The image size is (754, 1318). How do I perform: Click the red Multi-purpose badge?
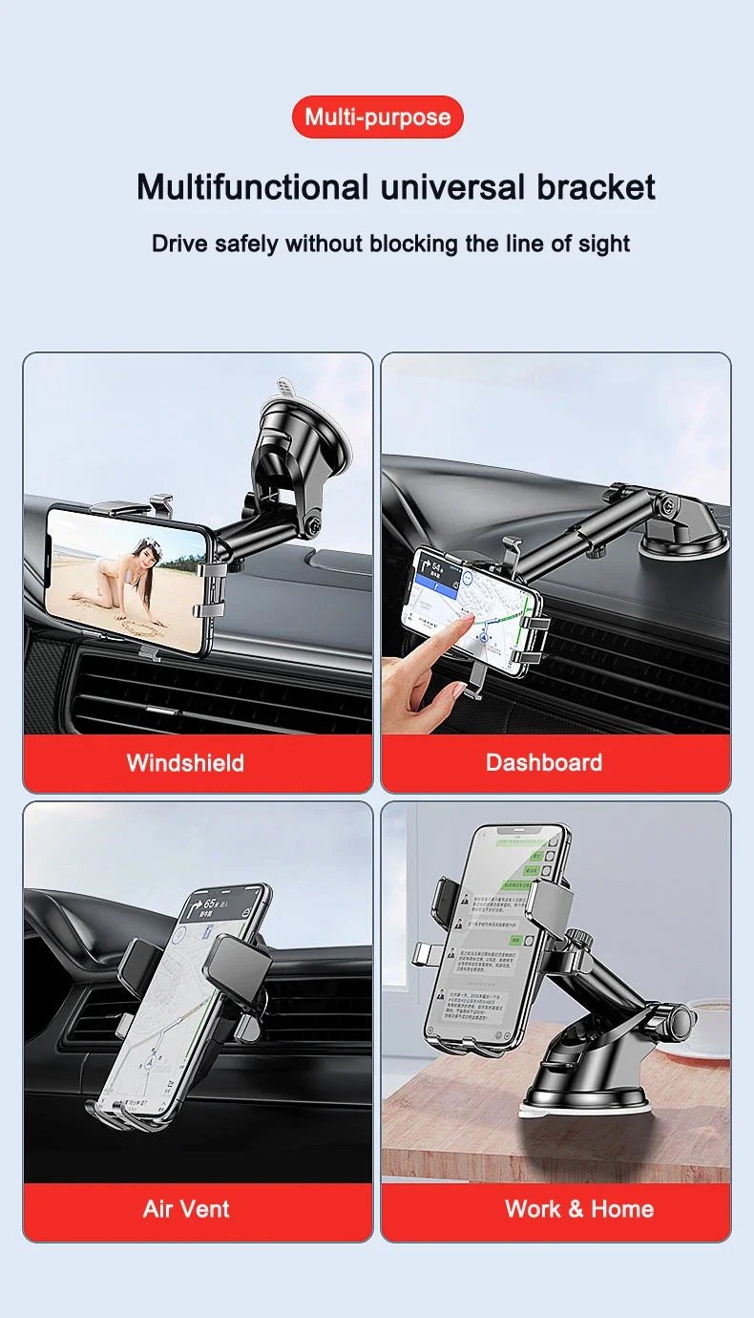377,117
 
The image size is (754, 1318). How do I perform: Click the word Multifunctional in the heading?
252,186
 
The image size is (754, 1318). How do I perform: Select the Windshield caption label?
185,762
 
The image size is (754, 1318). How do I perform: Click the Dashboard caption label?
543,762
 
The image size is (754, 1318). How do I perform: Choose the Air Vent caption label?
186,1208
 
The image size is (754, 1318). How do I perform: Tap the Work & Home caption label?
578,1208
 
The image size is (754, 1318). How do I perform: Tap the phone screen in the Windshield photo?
127,580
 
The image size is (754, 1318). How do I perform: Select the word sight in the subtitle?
604,244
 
